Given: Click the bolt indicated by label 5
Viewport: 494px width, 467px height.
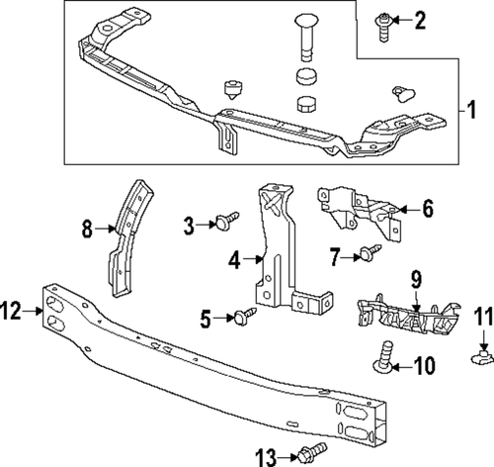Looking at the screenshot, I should click(241, 316).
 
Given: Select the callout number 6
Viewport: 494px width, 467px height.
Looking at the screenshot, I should click(428, 209).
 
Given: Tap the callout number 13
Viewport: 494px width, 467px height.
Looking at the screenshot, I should click(265, 455).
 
